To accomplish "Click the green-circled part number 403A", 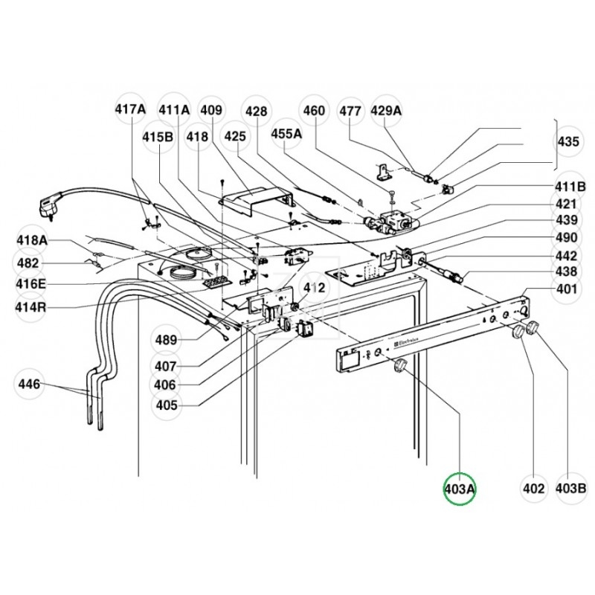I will point(459,489).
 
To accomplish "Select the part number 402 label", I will point(533,489).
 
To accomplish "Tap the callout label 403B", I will point(571,489).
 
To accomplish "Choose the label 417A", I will point(130,110).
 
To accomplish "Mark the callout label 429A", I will point(386,110).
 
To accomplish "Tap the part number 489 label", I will point(166,341).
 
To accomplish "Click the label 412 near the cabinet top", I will point(312,286).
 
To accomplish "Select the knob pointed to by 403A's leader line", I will point(401,364).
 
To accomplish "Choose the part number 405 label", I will point(166,405).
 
